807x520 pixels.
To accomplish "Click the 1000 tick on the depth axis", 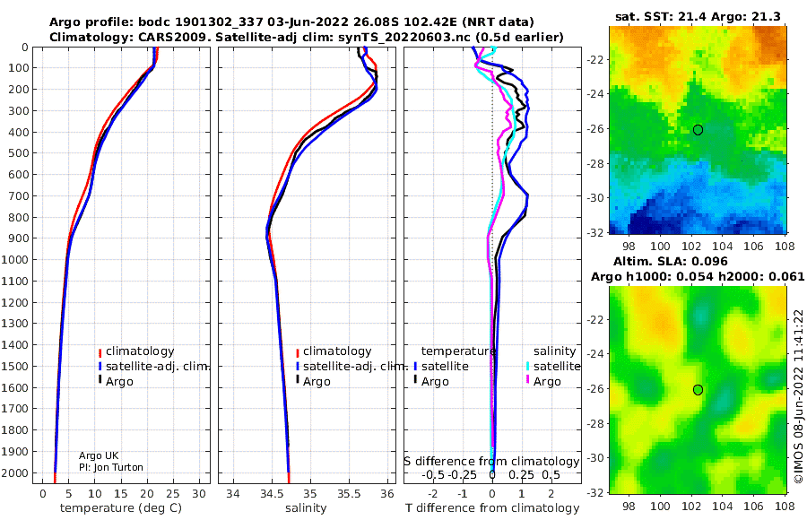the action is (x=15, y=259).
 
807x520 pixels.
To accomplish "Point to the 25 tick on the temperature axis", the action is (x=173, y=494).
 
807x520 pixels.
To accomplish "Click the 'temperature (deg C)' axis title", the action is (x=121, y=508).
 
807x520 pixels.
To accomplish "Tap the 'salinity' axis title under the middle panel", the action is (x=306, y=508).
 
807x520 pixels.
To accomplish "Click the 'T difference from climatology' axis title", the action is (x=492, y=508).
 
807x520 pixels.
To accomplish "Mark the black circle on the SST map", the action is (x=698, y=130).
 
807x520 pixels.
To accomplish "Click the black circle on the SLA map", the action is (x=698, y=390).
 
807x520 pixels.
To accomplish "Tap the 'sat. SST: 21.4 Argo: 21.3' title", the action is (x=698, y=16).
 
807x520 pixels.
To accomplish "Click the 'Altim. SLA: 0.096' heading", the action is (x=671, y=261).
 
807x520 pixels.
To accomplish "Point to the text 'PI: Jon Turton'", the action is (x=111, y=467).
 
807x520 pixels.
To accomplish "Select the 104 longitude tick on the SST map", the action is (x=723, y=246).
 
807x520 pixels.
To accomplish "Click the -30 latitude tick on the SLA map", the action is (x=595, y=458).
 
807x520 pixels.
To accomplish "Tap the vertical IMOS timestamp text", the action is (x=799, y=396).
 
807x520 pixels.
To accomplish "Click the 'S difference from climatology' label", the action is (x=491, y=462).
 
